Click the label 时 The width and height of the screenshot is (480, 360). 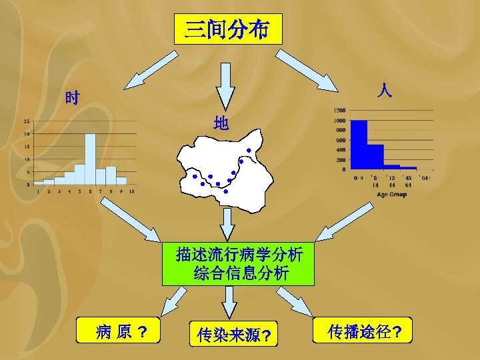(x=72, y=99)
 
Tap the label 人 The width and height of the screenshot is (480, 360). (x=384, y=90)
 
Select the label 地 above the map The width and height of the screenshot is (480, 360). (x=221, y=123)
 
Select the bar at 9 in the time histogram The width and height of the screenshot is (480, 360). (x=121, y=180)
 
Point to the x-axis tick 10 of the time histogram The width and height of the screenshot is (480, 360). (x=132, y=191)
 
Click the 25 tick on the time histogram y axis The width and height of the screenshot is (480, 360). (x=26, y=121)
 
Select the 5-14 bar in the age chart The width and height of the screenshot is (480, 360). (x=375, y=157)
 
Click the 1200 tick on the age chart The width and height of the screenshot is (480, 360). (x=339, y=110)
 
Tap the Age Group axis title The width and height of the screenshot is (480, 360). (x=391, y=195)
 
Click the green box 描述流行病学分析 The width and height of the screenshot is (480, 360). (x=238, y=263)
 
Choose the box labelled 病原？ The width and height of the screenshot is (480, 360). (x=120, y=331)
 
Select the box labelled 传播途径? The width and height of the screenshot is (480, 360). (x=365, y=331)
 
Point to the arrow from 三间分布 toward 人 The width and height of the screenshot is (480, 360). (x=308, y=70)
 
